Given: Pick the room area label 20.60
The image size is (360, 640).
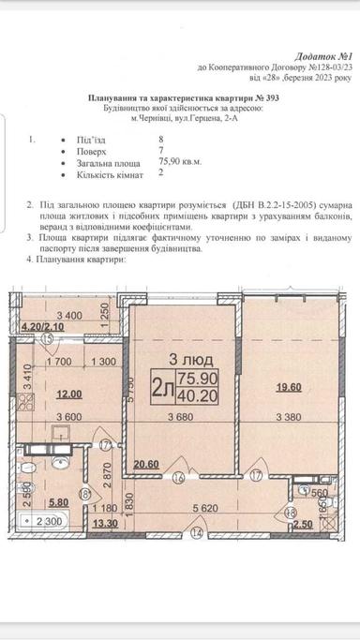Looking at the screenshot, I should (145, 463).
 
